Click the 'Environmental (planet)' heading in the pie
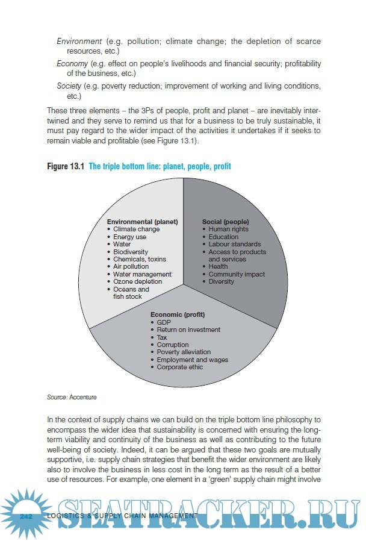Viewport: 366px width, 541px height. point(142,222)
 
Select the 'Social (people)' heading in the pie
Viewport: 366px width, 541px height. point(225,222)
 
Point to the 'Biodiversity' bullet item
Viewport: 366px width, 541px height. point(131,252)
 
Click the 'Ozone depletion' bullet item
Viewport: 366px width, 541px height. point(138,281)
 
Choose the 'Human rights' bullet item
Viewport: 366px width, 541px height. point(228,229)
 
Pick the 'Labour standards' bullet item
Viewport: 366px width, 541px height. point(234,244)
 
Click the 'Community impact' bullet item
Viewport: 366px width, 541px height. point(237,274)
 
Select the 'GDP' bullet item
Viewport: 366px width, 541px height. point(164,322)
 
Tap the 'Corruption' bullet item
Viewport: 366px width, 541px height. point(173,345)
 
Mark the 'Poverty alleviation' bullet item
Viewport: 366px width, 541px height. point(184,352)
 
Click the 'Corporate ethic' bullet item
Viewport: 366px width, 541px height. point(180,367)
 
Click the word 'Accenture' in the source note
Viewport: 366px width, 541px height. point(83,397)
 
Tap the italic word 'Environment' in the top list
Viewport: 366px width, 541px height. point(79,42)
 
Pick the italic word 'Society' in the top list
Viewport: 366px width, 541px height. point(69,86)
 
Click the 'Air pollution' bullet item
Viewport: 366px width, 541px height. point(131,266)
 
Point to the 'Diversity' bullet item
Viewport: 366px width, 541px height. point(222,281)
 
